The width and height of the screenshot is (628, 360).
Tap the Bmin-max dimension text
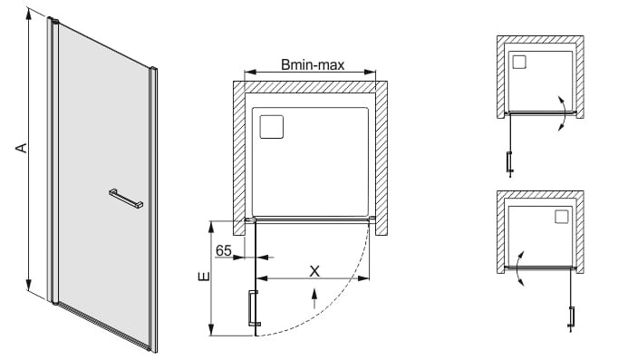pyautogui.click(x=313, y=64)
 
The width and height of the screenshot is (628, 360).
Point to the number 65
pyautogui.click(x=224, y=250)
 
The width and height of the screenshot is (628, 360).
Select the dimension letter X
pyautogui.click(x=314, y=271)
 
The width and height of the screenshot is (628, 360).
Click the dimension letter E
pyautogui.click(x=204, y=277)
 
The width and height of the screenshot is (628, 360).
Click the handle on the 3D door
pyautogui.click(x=126, y=199)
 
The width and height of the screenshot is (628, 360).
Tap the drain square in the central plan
pyautogui.click(x=272, y=127)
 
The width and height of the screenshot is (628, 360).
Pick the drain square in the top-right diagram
pyautogui.click(x=519, y=63)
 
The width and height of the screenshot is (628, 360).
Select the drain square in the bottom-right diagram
pyautogui.click(x=562, y=217)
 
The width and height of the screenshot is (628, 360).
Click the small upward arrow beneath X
pyautogui.click(x=314, y=298)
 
